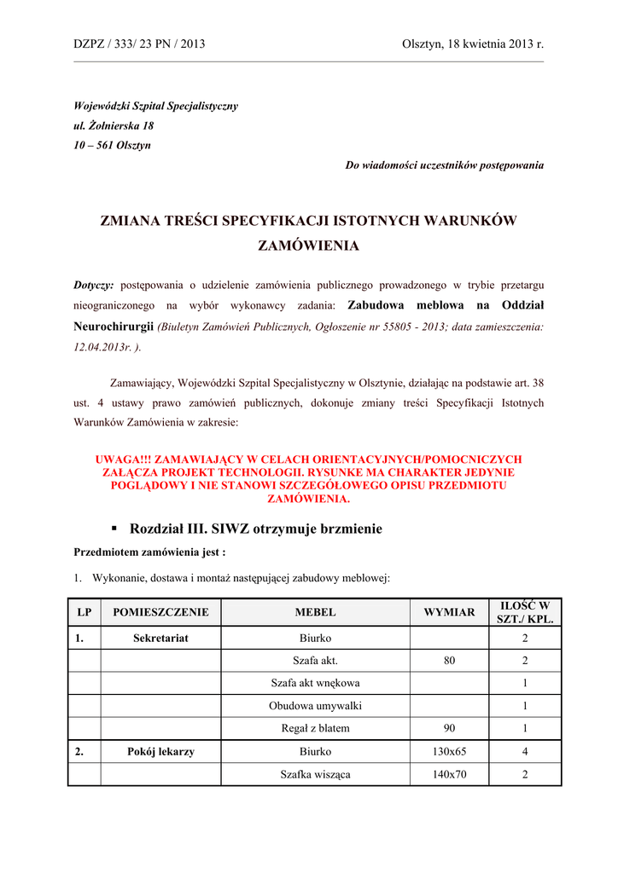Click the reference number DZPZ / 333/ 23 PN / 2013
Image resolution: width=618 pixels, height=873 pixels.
click(x=139, y=43)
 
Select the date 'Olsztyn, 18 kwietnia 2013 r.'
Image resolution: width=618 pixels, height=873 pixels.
click(x=472, y=43)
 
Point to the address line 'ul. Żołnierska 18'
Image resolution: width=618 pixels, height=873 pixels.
click(x=114, y=125)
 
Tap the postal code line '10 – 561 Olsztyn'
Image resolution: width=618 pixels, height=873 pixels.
click(x=112, y=145)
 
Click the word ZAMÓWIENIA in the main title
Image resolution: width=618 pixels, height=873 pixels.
click(x=308, y=246)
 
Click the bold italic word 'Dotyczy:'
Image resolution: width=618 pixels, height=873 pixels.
click(x=94, y=284)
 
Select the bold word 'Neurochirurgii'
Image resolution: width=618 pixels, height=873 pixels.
click(x=114, y=326)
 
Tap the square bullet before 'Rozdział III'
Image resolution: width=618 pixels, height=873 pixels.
click(x=114, y=529)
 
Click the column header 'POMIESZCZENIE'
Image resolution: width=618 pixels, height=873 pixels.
click(x=160, y=612)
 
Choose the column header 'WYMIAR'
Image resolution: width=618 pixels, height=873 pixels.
click(x=449, y=612)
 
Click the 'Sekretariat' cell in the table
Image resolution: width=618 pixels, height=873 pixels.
click(x=160, y=638)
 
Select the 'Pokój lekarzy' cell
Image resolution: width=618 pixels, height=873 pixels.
click(x=160, y=752)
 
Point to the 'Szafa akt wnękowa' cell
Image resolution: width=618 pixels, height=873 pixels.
click(x=315, y=683)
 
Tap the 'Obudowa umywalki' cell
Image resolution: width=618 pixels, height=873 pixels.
click(x=315, y=706)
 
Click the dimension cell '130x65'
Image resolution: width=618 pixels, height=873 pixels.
click(x=449, y=752)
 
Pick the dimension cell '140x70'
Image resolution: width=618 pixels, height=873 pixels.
click(x=449, y=775)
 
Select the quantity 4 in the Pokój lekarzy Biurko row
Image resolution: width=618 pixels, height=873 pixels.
click(x=525, y=752)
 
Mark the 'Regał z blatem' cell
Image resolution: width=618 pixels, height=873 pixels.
click(x=315, y=729)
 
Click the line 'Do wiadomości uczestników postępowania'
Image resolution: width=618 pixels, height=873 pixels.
click(x=444, y=165)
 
